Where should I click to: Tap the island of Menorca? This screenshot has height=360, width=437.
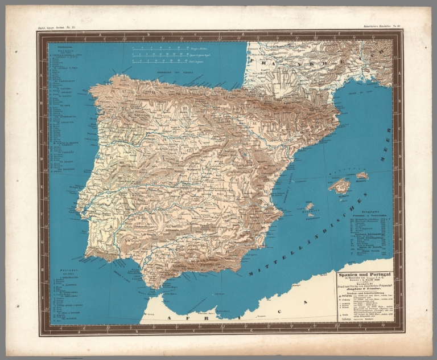pyautogui.click(x=362, y=175)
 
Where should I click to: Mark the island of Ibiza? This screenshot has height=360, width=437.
pyautogui.click(x=310, y=206)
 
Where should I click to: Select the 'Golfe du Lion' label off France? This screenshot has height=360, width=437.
pyautogui.click(x=358, y=92)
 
